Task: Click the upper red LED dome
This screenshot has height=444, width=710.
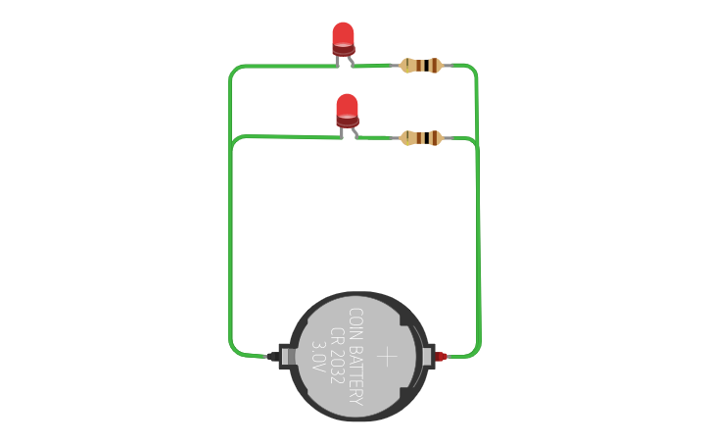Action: coord(343,34)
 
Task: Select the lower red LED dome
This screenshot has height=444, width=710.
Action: coord(347,106)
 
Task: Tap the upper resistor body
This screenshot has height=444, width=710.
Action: coord(422,66)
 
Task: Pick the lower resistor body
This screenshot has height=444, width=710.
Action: coord(422,138)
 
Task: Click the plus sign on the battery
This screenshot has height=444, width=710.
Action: coord(387,356)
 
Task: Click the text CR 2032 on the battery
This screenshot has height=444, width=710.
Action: coord(336,354)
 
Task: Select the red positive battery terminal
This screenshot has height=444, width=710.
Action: coord(440,356)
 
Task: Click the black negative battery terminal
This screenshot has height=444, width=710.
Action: coord(272,356)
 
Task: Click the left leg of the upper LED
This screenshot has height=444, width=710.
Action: coord(338,60)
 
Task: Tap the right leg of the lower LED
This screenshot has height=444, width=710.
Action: coord(355,132)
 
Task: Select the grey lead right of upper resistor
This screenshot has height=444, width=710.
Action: coord(449,66)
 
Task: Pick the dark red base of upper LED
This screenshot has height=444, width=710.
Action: coord(343,49)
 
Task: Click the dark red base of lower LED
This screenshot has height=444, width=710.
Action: coord(348,122)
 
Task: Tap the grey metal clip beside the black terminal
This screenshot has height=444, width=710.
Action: coord(287,356)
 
